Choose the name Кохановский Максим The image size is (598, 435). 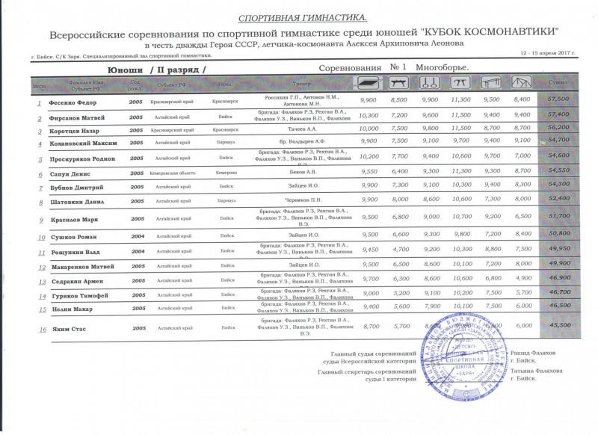[x=82, y=141]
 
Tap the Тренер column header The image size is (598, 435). [x=302, y=83]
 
